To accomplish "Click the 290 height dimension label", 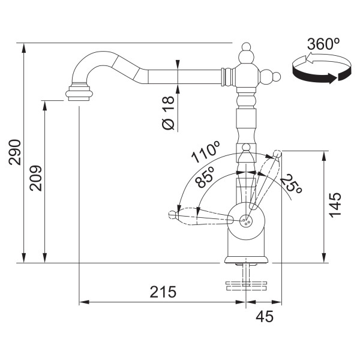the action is (15, 152).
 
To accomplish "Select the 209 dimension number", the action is (36, 178).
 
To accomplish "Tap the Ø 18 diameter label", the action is (168, 113).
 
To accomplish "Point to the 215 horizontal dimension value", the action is (163, 292).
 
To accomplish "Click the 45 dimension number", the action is (265, 316).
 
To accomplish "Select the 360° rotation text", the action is (323, 44).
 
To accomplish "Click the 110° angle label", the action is (206, 152).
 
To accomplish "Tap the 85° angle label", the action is (205, 177).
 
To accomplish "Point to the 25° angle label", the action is (291, 184).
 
